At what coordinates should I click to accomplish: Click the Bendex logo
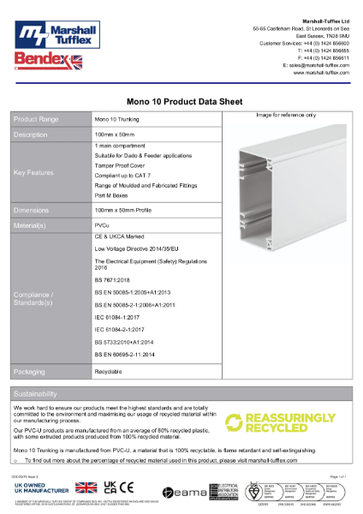44,62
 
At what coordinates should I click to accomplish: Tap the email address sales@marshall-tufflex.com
316,65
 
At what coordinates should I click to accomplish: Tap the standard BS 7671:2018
111,281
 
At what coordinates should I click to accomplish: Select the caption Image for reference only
286,115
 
